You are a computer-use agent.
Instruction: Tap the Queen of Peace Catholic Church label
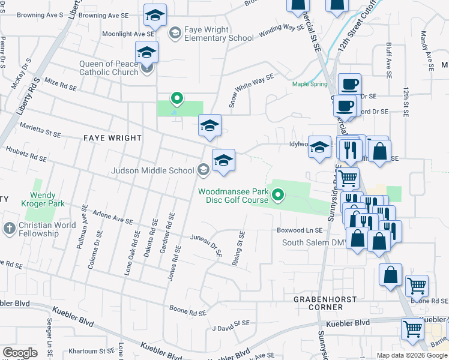[108, 68]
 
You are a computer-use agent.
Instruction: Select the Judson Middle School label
[152, 170]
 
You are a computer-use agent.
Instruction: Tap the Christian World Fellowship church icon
[9, 229]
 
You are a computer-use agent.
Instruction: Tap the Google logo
[20, 352]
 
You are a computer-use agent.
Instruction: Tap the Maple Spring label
[310, 84]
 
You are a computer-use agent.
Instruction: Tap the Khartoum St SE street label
[91, 351]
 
